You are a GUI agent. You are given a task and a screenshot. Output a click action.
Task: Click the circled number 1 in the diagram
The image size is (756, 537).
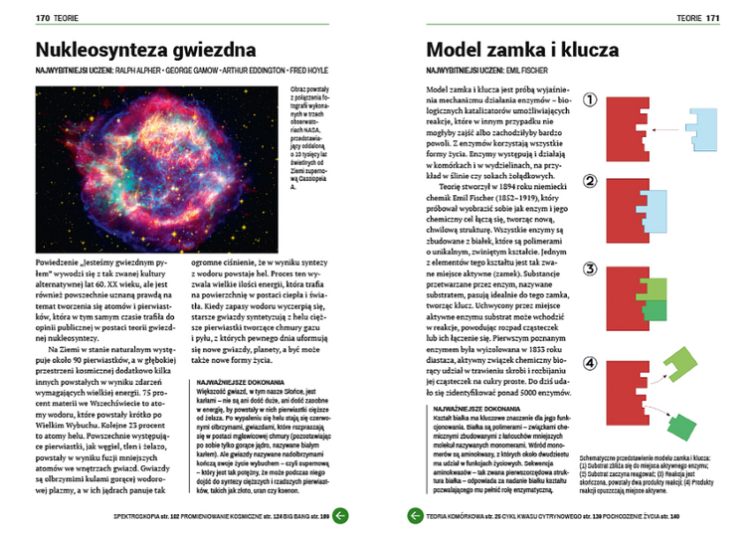coord(590,99)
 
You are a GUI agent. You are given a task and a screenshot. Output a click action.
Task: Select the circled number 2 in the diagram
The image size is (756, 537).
coord(590,182)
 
